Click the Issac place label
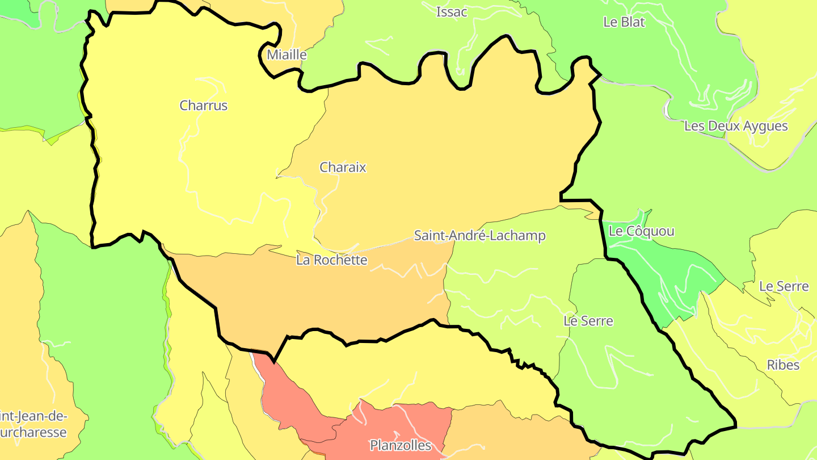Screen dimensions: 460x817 click(x=452, y=12)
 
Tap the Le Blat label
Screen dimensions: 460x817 click(x=624, y=22)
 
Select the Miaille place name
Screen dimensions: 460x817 click(x=287, y=55)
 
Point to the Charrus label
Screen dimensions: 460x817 click(x=203, y=106)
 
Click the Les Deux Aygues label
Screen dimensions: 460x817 click(x=736, y=126)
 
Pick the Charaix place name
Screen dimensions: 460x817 click(x=343, y=168)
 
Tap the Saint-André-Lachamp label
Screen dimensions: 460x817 click(x=479, y=236)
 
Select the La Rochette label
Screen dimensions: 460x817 click(x=331, y=260)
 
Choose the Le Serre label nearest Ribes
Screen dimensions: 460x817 click(x=784, y=286)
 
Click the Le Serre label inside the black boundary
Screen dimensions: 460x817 click(x=588, y=321)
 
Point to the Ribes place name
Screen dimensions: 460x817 click(x=783, y=365)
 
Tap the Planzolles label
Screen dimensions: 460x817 click(x=401, y=445)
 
